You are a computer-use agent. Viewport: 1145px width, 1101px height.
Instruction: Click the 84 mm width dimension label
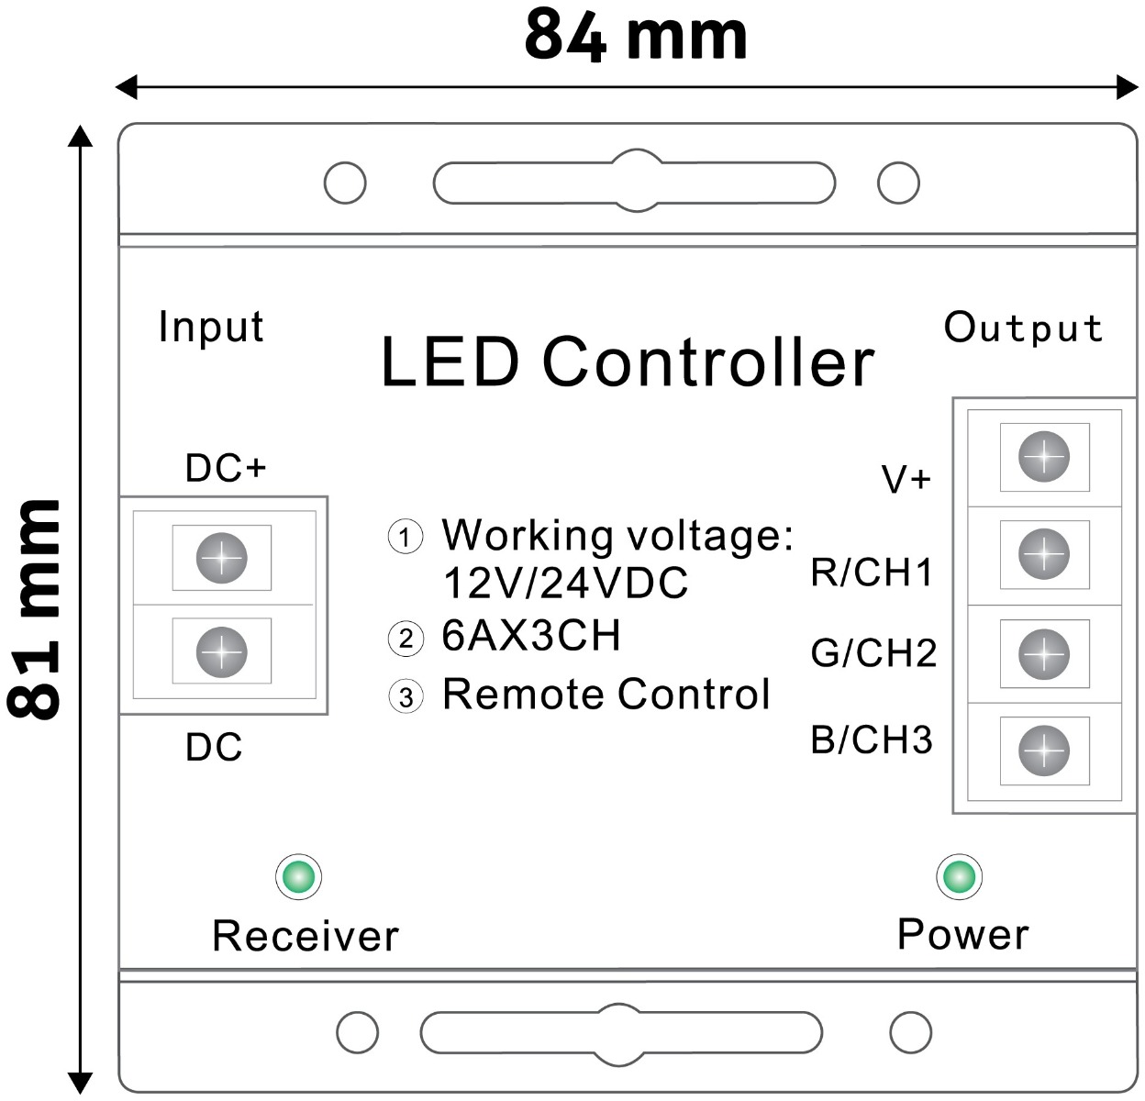[636, 37]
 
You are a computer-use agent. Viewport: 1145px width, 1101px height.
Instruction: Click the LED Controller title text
[628, 361]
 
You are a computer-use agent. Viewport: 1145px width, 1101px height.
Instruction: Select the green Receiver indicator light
[298, 876]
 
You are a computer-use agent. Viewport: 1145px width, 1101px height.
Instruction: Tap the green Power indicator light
[959, 876]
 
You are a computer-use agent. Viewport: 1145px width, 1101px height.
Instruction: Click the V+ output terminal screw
[1044, 456]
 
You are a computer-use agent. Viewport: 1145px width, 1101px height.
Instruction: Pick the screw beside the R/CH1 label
[1044, 554]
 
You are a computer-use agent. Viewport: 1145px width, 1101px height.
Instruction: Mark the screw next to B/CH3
[1044, 751]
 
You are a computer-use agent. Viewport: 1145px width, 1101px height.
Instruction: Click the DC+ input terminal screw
[222, 557]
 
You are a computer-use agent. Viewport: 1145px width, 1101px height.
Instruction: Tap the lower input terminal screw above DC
[222, 651]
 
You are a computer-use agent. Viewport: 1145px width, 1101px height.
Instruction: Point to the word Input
[211, 328]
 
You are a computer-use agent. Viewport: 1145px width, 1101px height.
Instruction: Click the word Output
[1023, 328]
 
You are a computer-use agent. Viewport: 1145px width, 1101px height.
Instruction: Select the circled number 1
[406, 536]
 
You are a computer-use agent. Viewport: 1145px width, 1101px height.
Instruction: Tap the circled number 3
[406, 696]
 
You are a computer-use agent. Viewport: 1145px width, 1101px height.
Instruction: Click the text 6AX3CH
[531, 636]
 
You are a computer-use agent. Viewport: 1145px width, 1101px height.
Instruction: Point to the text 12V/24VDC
[565, 584]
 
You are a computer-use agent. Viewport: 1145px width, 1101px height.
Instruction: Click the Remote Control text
[606, 695]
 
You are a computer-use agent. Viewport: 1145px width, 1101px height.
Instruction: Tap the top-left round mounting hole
[345, 183]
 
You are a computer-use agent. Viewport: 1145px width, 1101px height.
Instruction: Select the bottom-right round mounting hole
[910, 1033]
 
